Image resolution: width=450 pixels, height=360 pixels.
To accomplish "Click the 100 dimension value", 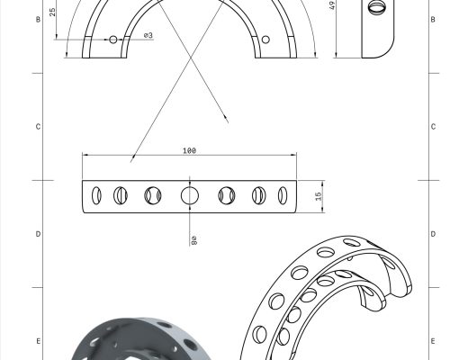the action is (x=189, y=150).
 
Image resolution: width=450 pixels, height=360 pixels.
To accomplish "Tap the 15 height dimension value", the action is (x=319, y=196).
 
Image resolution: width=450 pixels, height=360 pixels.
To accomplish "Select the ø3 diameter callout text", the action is (x=148, y=35).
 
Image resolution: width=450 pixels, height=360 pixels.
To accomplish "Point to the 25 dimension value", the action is (x=52, y=12).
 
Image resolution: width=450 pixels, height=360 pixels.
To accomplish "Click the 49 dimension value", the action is (x=332, y=5).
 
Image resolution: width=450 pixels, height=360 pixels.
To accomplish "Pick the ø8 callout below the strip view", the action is (x=193, y=240).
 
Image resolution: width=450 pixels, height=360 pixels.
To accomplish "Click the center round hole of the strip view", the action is (x=190, y=195).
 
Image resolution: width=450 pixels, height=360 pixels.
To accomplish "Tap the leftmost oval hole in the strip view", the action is (x=96, y=195).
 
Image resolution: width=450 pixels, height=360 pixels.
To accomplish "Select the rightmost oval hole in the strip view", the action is (x=283, y=195).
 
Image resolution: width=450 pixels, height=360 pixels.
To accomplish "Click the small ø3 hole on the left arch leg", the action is (x=113, y=40).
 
